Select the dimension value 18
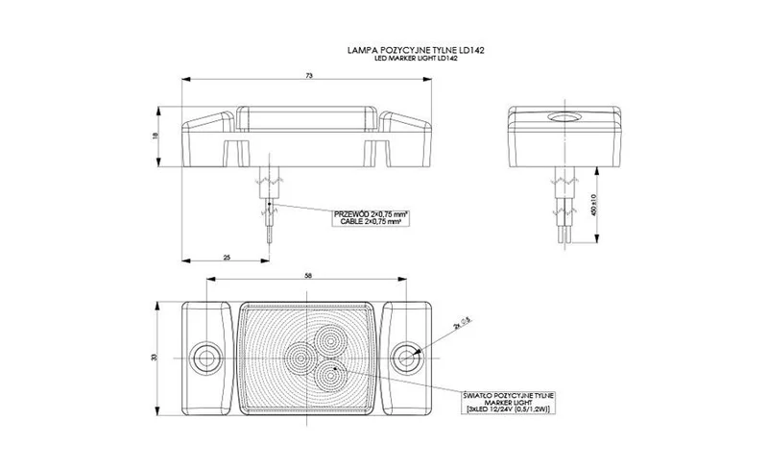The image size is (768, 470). coord(155,137)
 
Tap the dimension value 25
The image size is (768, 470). coord(227,257)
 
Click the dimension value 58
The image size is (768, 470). coord(307,276)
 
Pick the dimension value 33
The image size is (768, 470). coord(155,358)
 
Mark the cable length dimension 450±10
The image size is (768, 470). coord(595,205)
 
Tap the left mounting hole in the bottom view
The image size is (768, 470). coord(204,358)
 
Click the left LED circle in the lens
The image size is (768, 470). coord(299,359)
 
